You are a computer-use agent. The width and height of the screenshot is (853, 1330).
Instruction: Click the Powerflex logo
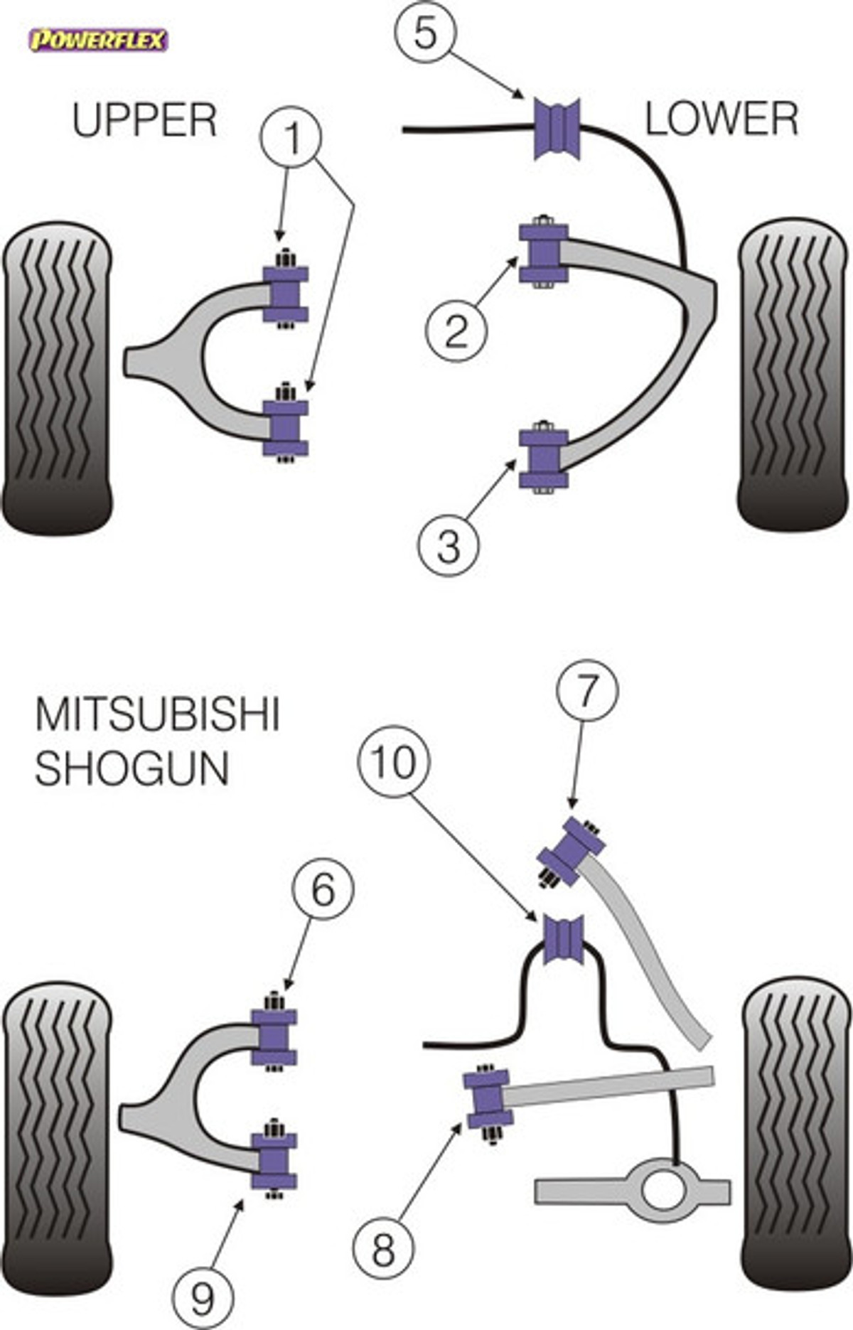tap(97, 40)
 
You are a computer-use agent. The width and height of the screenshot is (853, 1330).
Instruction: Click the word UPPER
tap(144, 120)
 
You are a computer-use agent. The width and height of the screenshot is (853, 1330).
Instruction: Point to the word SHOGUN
tap(132, 768)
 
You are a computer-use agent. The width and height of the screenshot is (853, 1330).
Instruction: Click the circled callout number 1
tap(291, 137)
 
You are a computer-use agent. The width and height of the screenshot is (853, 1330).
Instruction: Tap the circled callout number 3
tap(449, 546)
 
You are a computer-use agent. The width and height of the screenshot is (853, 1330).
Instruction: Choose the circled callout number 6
tap(323, 889)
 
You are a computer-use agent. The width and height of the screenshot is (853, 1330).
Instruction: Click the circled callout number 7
tap(587, 691)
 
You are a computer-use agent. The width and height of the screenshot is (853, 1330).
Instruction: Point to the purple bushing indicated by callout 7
tap(572, 852)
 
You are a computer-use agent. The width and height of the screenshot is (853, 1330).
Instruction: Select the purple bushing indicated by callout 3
tap(544, 458)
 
